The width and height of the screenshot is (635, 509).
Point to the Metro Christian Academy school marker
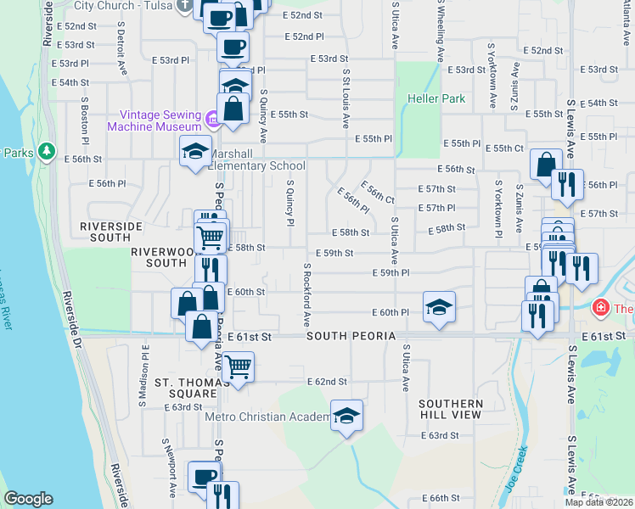click(x=346, y=416)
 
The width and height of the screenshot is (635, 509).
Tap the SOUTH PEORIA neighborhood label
click(x=351, y=337)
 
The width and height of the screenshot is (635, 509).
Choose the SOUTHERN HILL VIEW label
click(x=451, y=409)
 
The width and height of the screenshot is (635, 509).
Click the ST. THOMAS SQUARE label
click(x=185, y=388)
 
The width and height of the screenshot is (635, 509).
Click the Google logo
click(x=28, y=499)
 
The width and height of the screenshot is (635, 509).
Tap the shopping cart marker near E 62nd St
click(x=239, y=367)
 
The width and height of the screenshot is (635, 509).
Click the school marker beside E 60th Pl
click(x=439, y=307)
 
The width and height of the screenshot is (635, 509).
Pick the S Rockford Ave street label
click(x=306, y=294)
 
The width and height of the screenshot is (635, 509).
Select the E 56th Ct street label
click(x=377, y=193)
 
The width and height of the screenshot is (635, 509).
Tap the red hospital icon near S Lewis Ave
click(x=601, y=307)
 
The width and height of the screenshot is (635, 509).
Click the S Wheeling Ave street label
click(x=440, y=32)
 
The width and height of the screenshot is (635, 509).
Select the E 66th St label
click(x=440, y=498)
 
